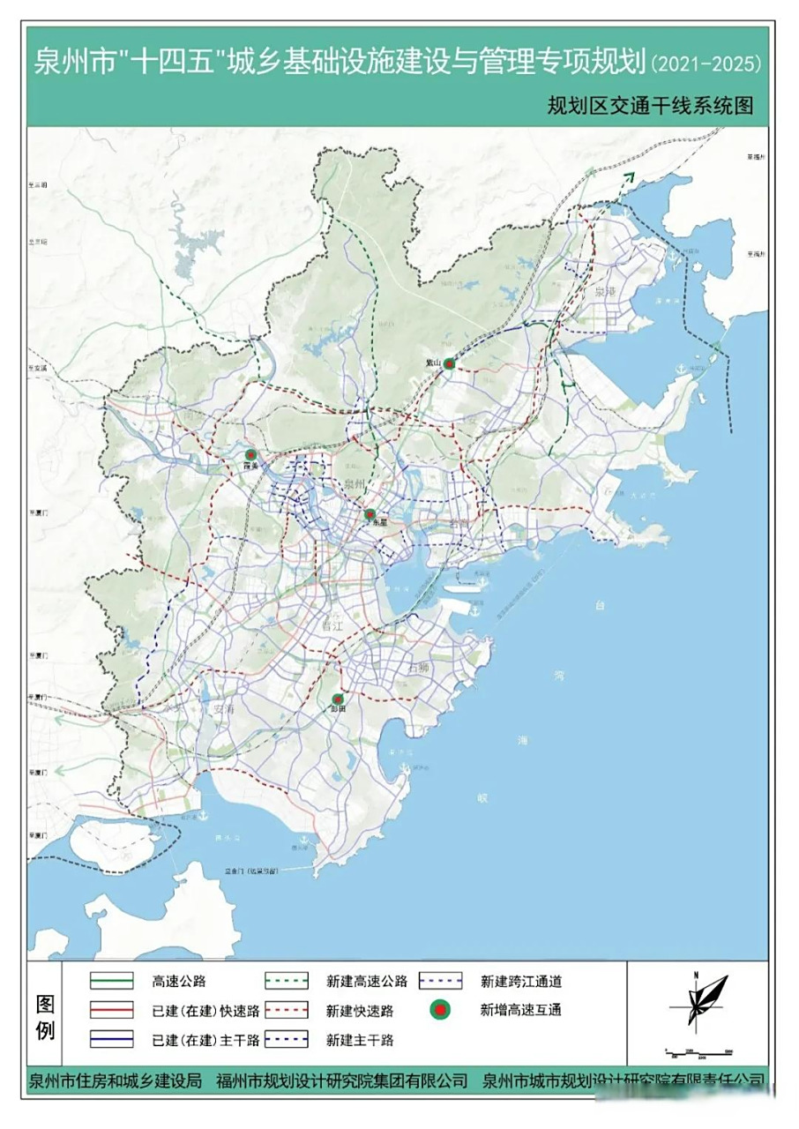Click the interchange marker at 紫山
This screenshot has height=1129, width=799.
pos(449,363)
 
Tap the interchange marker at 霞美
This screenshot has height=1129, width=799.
pos(250,455)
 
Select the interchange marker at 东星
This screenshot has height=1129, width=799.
pos(370,513)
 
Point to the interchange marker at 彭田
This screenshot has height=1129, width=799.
pos(337,699)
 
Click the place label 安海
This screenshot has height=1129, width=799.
pos(224,708)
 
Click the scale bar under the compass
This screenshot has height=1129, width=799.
pos(698,1052)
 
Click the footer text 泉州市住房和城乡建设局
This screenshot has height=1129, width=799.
pos(115,1080)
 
